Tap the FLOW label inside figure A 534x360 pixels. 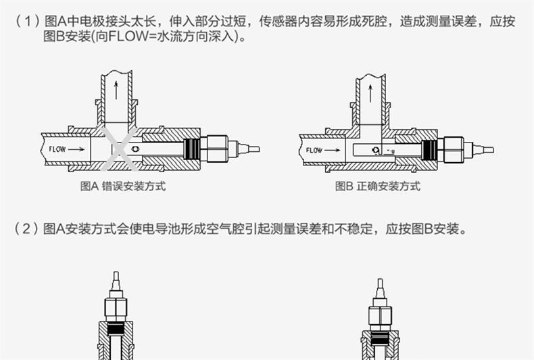[58, 149]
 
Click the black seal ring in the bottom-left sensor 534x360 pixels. [116, 330]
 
